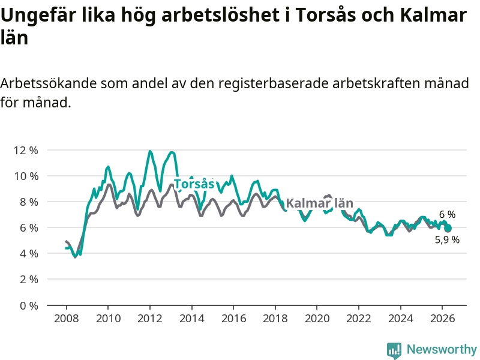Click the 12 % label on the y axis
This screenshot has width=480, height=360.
coord(26,151)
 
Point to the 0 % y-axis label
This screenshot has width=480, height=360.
coord(29,305)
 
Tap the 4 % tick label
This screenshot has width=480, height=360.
coord(29,253)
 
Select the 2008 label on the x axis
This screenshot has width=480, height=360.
coord(67,319)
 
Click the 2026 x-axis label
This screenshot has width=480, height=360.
coord(443,319)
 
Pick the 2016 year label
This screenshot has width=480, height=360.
coord(233,319)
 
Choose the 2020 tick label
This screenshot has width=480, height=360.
coord(317,319)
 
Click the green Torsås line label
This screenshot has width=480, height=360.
coord(194,184)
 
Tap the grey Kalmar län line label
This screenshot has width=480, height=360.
coord(320,203)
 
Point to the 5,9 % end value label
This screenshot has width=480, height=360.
coord(447,239)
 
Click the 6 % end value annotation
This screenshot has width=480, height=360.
coord(447,215)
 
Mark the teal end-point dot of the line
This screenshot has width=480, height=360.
coord(448,229)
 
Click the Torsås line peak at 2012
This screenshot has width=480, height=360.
coord(149,151)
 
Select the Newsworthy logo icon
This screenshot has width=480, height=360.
coord(394,350)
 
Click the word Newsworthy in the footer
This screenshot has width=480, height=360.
coord(442,349)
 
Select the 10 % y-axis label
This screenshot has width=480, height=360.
coord(26,176)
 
